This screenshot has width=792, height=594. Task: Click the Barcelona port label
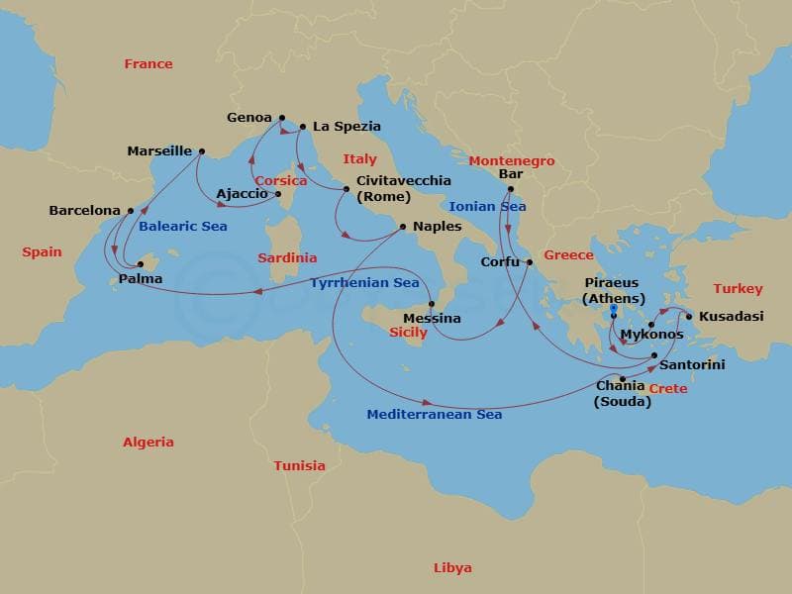coord(84,211)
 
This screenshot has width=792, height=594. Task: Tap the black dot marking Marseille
coord(202,151)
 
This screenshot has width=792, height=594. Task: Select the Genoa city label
coord(249,117)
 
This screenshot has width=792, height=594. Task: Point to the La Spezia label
coord(346,127)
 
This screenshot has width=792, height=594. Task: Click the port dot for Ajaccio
coord(278,194)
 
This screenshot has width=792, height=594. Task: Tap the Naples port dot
coord(402,227)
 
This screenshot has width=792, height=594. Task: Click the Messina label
coord(433,319)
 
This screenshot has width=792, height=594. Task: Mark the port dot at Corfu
coord(530,262)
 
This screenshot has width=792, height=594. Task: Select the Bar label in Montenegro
coord(511,174)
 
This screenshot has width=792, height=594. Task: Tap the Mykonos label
coord(651,336)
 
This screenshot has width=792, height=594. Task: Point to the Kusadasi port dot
coord(689,317)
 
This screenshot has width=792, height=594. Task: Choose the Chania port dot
coord(622,379)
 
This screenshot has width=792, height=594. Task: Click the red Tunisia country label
coord(299,465)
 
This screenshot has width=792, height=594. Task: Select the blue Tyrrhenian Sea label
coord(364,283)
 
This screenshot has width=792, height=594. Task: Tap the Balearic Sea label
coord(183,227)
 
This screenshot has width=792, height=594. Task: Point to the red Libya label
coord(452,568)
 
